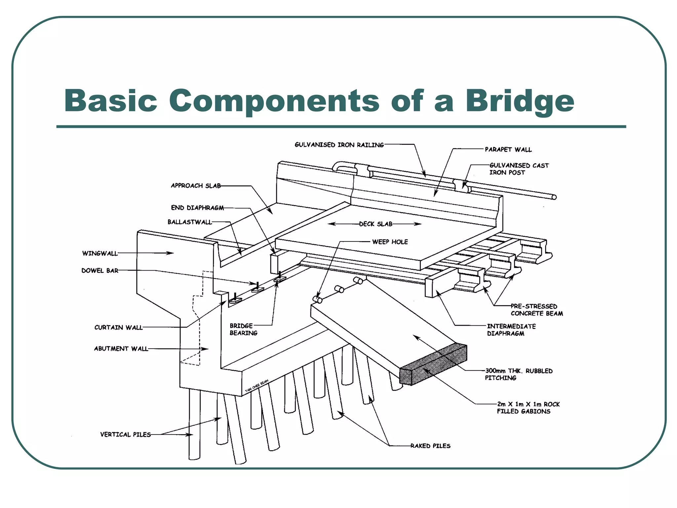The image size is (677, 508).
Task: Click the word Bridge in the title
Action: (x=520, y=101)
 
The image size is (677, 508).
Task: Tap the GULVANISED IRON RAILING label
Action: (x=339, y=145)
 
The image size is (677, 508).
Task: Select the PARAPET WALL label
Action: (x=508, y=149)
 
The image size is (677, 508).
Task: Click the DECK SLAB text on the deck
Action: (x=376, y=224)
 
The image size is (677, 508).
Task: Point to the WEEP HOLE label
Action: (x=390, y=242)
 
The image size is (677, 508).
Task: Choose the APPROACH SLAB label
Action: (x=196, y=186)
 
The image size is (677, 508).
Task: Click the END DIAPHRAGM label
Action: (x=197, y=208)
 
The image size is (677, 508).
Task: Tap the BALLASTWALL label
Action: (x=189, y=222)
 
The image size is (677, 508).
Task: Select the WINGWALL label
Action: (x=100, y=253)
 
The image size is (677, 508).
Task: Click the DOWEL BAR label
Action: (x=100, y=271)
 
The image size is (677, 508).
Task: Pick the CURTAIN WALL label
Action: (x=118, y=327)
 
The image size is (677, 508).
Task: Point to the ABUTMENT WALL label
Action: (x=121, y=349)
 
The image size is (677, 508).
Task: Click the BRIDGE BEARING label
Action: (x=243, y=329)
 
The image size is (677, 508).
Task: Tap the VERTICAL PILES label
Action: (x=125, y=435)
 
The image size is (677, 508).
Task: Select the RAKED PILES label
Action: (x=430, y=446)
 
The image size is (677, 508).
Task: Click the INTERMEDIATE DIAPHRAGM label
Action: (x=511, y=330)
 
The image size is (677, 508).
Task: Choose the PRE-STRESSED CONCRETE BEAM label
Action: (x=536, y=310)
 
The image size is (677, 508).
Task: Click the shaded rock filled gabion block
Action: (x=433, y=365)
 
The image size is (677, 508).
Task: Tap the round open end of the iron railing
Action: (x=554, y=197)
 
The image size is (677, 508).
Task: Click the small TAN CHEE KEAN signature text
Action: (x=257, y=386)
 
